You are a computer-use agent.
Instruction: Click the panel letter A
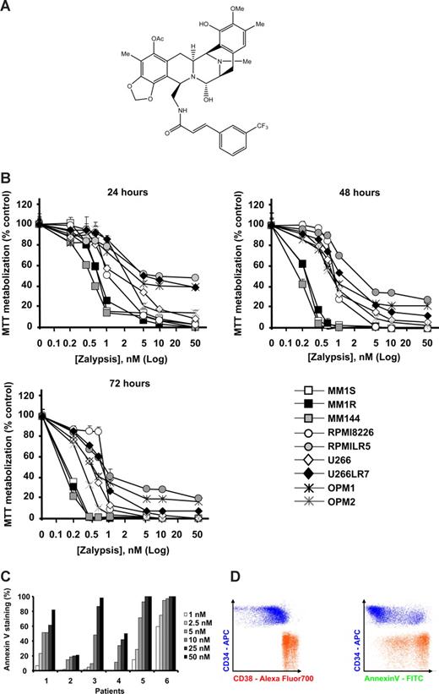pos(6,7)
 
